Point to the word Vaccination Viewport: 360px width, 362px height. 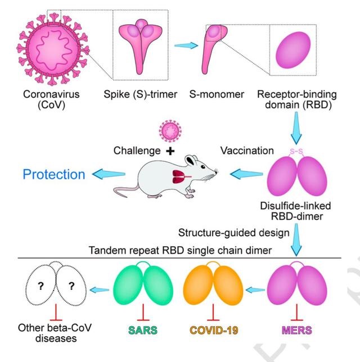click(x=247, y=151)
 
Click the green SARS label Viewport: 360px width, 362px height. click(x=146, y=327)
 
